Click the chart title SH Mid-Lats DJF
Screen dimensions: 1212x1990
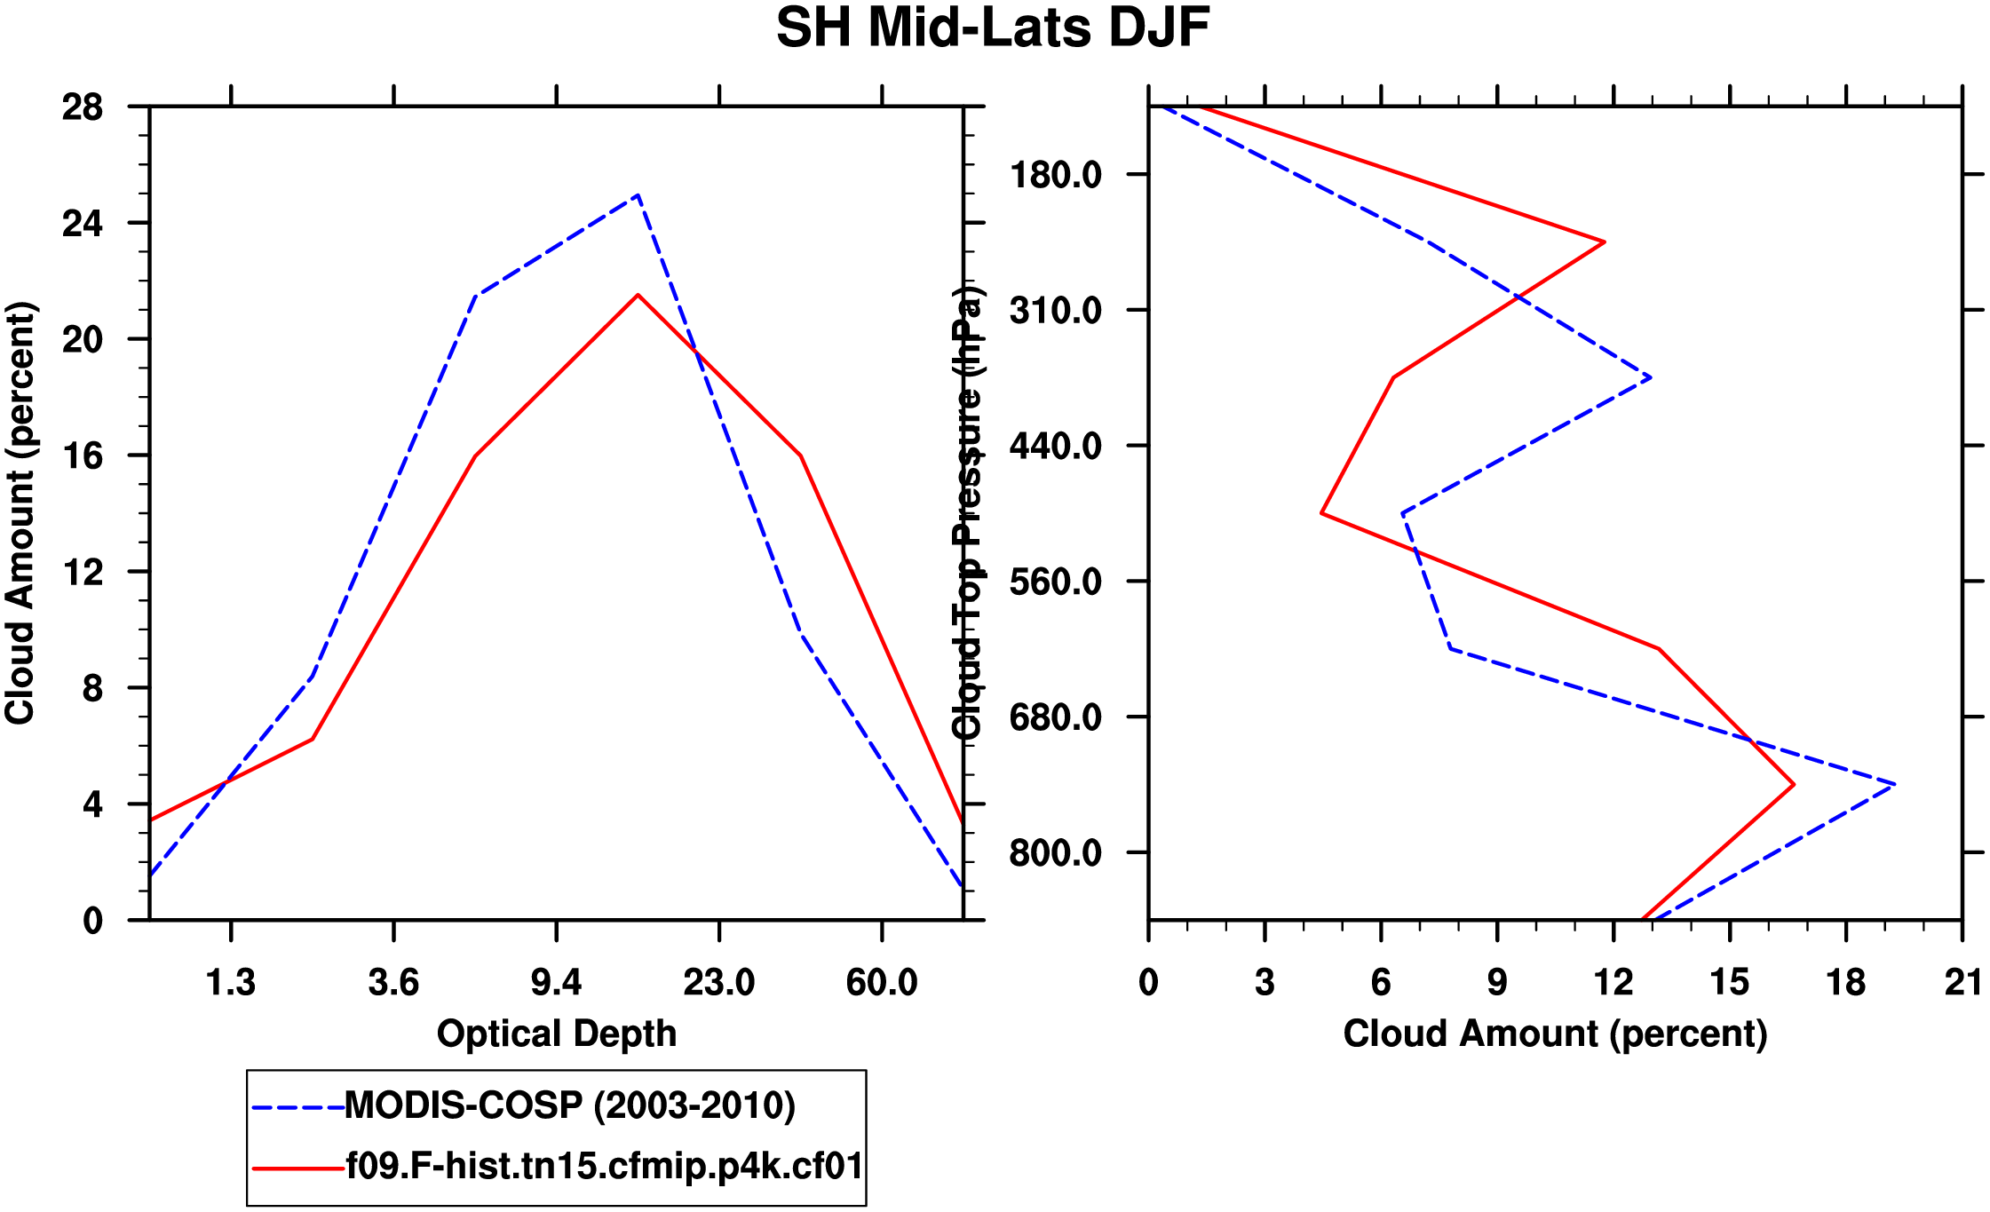click(993, 28)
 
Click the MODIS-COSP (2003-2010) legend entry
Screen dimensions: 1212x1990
click(569, 1105)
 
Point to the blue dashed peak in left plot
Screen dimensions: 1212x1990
click(638, 195)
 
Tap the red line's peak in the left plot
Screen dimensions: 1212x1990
click(638, 295)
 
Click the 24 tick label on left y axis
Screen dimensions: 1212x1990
click(83, 224)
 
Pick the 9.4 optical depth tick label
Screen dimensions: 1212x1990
click(556, 983)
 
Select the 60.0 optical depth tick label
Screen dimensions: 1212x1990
click(881, 983)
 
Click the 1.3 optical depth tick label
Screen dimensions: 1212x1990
click(231, 983)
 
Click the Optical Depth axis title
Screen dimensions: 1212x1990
click(557, 1034)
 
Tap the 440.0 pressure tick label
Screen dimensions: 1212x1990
click(1055, 446)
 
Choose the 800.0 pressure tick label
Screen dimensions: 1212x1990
click(1055, 853)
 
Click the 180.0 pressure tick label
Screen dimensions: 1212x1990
click(1055, 175)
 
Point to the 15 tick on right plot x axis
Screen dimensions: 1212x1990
click(1730, 983)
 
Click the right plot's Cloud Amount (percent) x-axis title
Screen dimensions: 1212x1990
click(1555, 1034)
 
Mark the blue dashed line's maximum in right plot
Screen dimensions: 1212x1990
click(1894, 784)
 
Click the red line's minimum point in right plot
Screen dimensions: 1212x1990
click(1322, 513)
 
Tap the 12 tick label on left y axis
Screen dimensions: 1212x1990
click(83, 573)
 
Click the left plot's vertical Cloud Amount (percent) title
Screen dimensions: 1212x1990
click(20, 513)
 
